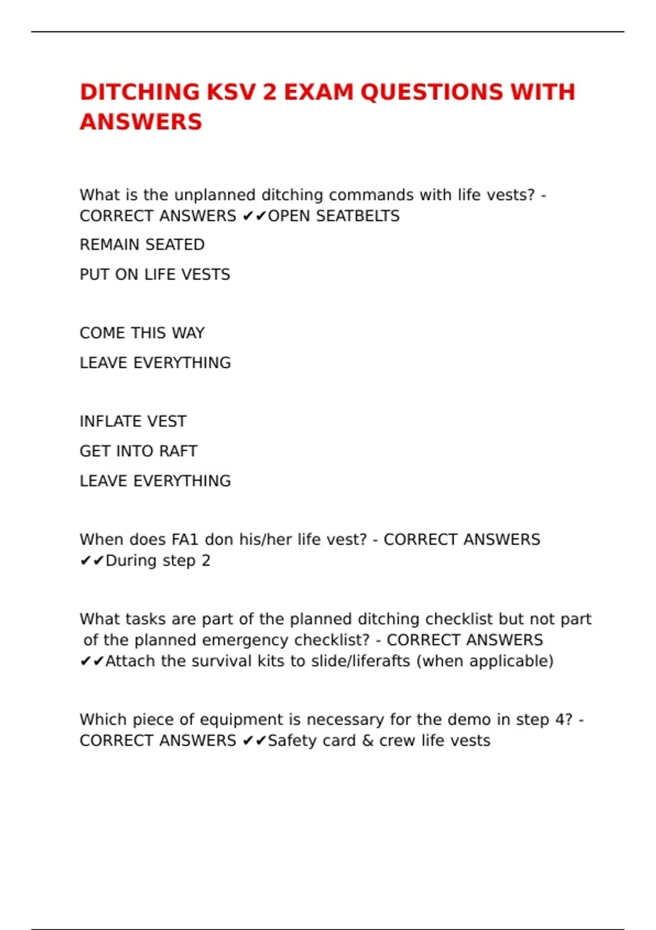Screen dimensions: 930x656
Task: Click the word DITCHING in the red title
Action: (140, 92)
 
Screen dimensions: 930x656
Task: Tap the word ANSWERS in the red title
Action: (141, 121)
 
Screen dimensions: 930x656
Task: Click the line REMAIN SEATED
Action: (142, 245)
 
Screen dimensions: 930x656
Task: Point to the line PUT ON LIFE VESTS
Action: (155, 274)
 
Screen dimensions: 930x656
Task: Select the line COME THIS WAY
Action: (142, 333)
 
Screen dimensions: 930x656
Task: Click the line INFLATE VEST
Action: (133, 421)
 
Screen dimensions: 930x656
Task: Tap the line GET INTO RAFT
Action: (138, 451)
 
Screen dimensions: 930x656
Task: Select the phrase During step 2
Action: (158, 561)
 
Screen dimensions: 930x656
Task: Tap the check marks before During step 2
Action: (92, 561)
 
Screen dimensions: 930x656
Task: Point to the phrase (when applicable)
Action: (485, 661)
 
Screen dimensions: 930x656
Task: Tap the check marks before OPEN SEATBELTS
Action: (254, 216)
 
